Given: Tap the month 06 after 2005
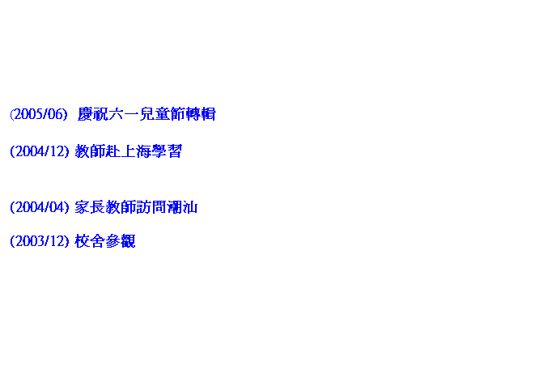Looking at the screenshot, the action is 55,114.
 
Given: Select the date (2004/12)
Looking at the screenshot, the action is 40,151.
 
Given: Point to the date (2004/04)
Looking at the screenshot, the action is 40,207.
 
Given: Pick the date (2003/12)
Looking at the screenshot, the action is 40,241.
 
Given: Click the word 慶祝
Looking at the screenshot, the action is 93,114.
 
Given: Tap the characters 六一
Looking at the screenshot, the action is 124,114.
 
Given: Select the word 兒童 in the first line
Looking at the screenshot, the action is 155,114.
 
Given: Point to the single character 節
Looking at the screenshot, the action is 178,114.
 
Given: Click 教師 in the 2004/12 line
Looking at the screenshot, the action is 90,151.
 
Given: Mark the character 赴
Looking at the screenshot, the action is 113,151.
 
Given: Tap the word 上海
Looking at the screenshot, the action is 136,151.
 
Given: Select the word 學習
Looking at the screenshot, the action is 167,151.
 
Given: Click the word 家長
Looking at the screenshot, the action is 90,207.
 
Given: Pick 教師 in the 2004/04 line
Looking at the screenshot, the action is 121,207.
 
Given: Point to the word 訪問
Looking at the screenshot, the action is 151,207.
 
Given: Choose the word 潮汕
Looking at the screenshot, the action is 182,207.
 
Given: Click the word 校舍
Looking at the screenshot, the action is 90,241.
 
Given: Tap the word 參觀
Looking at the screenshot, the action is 121,241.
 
